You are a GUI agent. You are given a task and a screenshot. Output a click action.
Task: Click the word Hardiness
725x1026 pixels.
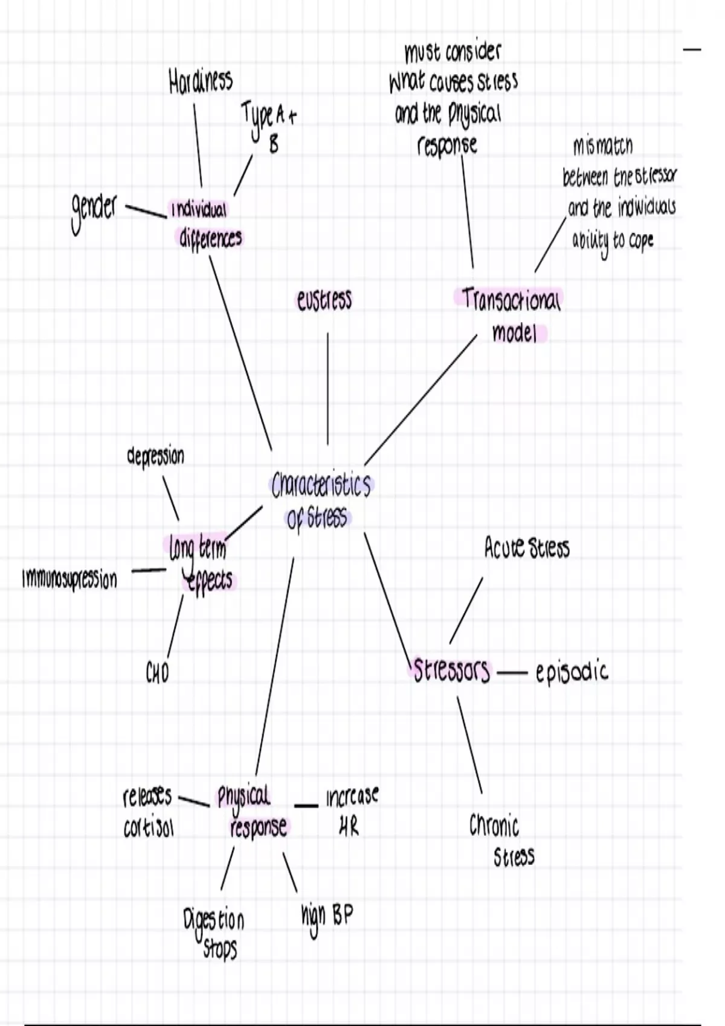point(200,80)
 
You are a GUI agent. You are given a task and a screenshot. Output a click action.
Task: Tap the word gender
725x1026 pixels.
point(94,210)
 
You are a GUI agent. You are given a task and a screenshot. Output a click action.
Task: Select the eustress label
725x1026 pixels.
point(324,300)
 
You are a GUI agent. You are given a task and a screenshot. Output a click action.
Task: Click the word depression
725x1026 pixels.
point(156,456)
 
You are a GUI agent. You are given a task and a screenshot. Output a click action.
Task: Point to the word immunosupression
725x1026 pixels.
point(69,579)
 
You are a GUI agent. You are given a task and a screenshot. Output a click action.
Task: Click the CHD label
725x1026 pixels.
point(158,672)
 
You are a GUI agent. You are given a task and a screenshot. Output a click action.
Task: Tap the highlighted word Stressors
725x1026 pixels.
point(451,671)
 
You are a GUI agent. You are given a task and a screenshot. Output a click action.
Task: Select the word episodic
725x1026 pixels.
point(572,672)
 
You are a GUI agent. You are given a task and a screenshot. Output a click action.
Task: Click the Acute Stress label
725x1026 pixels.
point(526,548)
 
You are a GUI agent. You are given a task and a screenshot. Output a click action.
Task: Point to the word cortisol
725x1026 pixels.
point(149,829)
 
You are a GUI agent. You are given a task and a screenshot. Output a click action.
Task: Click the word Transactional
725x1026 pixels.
point(511,299)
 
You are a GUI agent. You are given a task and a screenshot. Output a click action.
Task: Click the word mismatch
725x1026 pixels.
point(602,146)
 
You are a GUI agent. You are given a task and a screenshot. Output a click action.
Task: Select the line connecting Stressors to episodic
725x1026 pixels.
point(513,672)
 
